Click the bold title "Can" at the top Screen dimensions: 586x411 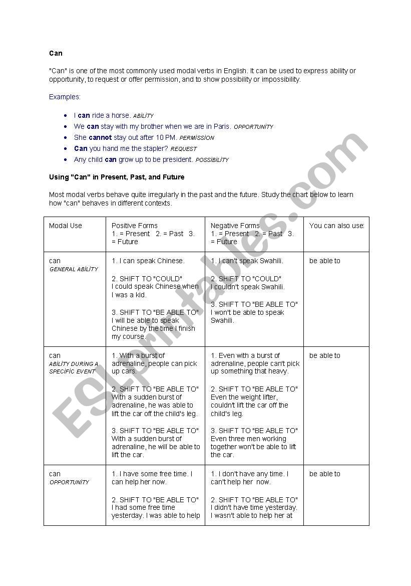[56, 53]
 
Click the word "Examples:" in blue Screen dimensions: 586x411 [65, 97]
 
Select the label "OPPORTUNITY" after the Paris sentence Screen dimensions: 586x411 [253, 127]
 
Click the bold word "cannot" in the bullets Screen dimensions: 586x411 [100, 137]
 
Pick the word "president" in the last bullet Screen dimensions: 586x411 [178, 159]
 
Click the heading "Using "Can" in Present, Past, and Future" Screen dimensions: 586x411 [117, 177]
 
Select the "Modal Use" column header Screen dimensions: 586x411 [66, 226]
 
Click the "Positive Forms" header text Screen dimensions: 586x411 [134, 226]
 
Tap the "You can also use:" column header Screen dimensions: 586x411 [336, 226]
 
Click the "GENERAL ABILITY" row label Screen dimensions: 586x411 [74, 269]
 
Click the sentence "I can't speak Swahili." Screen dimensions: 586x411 [247, 261]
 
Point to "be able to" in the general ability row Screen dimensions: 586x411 [324, 261]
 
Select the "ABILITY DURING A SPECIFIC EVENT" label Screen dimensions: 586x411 [74, 367]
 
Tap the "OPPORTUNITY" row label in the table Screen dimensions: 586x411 [69, 482]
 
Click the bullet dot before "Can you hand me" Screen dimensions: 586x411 [67, 148]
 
